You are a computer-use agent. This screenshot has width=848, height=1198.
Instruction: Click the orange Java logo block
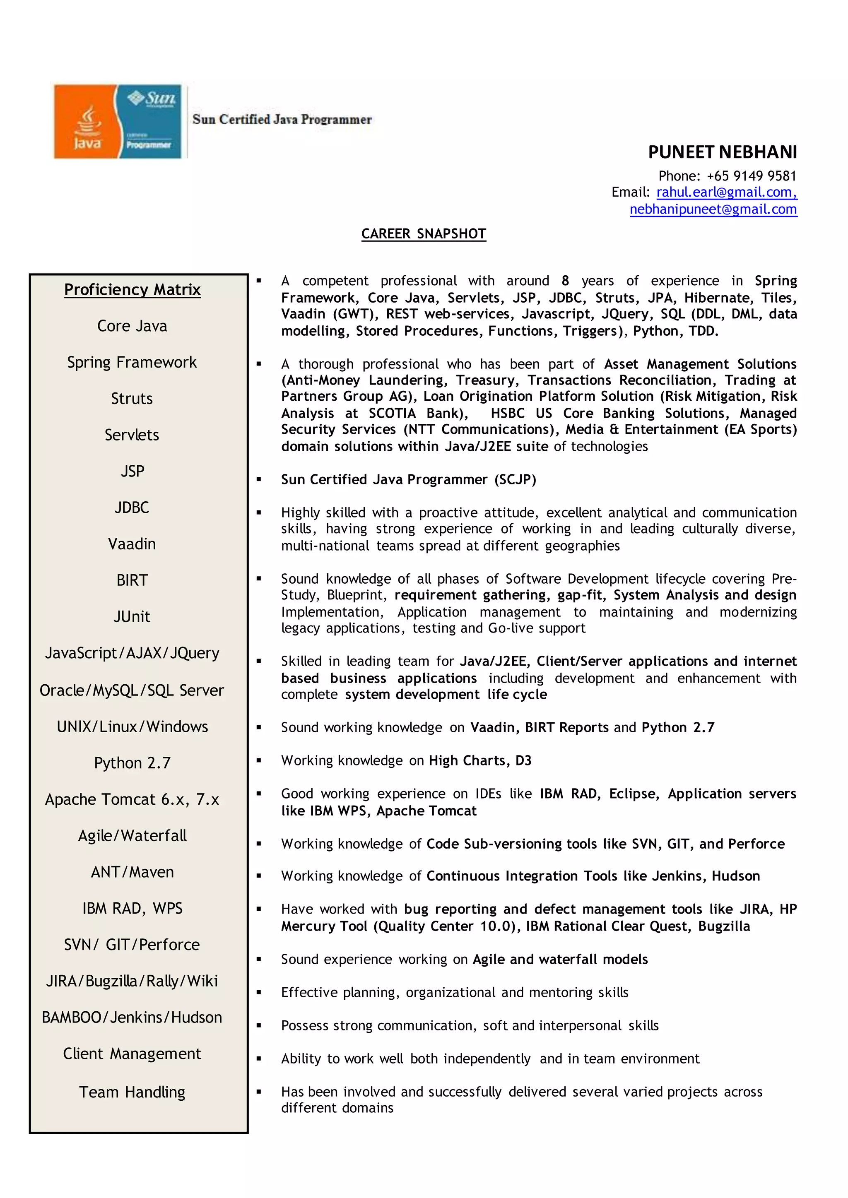(x=86, y=121)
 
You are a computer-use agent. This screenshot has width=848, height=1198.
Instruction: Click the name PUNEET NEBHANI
(x=722, y=152)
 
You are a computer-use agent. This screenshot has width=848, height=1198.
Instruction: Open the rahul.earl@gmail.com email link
(x=726, y=192)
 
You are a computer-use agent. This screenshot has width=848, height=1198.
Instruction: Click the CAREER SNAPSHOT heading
(x=424, y=234)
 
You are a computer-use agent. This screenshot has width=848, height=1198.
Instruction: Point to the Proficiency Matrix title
(x=132, y=289)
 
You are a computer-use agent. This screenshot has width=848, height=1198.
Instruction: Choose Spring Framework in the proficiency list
(x=132, y=362)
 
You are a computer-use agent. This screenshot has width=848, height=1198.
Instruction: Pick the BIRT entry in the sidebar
(x=132, y=580)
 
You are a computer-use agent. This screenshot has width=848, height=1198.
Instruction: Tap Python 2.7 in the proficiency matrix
(x=132, y=763)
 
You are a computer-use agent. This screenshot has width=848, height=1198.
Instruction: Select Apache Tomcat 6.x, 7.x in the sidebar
(x=132, y=799)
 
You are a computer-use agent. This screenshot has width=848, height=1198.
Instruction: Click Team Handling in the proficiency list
(x=132, y=1092)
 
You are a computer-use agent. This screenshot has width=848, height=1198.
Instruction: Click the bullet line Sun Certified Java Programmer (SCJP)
(x=408, y=479)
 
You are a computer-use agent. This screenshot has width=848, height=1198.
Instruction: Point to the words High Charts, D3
(x=480, y=760)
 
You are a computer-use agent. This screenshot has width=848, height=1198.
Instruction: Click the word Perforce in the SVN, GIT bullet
(x=756, y=844)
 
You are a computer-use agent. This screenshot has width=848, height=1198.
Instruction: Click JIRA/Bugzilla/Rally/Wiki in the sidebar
(x=132, y=981)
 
